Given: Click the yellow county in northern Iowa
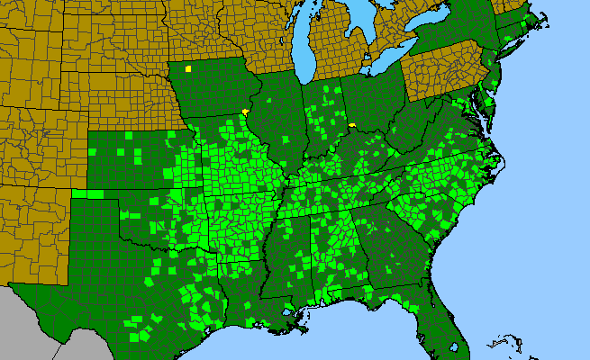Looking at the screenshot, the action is pos(188,68).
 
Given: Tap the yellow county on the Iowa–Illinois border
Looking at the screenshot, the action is pos(246,112).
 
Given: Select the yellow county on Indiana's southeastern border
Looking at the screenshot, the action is pos(352,126).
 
